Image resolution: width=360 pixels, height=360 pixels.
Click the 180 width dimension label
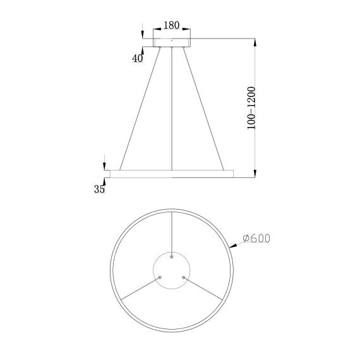[171, 25]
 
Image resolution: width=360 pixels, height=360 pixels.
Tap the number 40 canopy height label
[137, 58]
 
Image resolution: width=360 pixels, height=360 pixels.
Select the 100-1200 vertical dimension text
[251, 109]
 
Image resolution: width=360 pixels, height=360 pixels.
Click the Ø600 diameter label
[256, 238]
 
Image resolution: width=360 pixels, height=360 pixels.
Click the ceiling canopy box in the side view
[171, 42]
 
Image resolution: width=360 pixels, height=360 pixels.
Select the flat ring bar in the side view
[171, 172]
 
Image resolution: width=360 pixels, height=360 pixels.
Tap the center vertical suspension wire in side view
[171, 107]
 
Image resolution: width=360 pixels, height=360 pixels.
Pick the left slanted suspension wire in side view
[138, 107]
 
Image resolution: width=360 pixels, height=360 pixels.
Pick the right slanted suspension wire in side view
[205, 107]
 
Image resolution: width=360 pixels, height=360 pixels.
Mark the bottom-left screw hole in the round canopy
[160, 277]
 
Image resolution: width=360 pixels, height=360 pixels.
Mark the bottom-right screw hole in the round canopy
[183, 277]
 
